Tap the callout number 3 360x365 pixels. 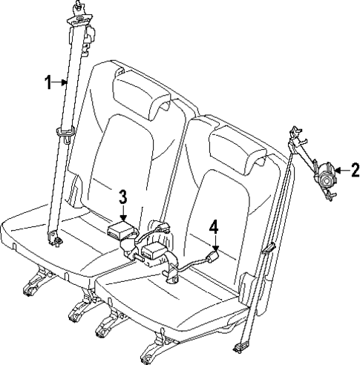point(123,196)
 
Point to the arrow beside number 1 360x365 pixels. point(62,83)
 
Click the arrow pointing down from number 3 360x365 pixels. point(123,212)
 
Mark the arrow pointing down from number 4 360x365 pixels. point(214,245)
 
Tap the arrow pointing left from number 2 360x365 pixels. point(340,171)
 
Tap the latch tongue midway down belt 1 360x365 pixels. point(66,134)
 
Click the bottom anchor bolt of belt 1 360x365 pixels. point(53,239)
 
